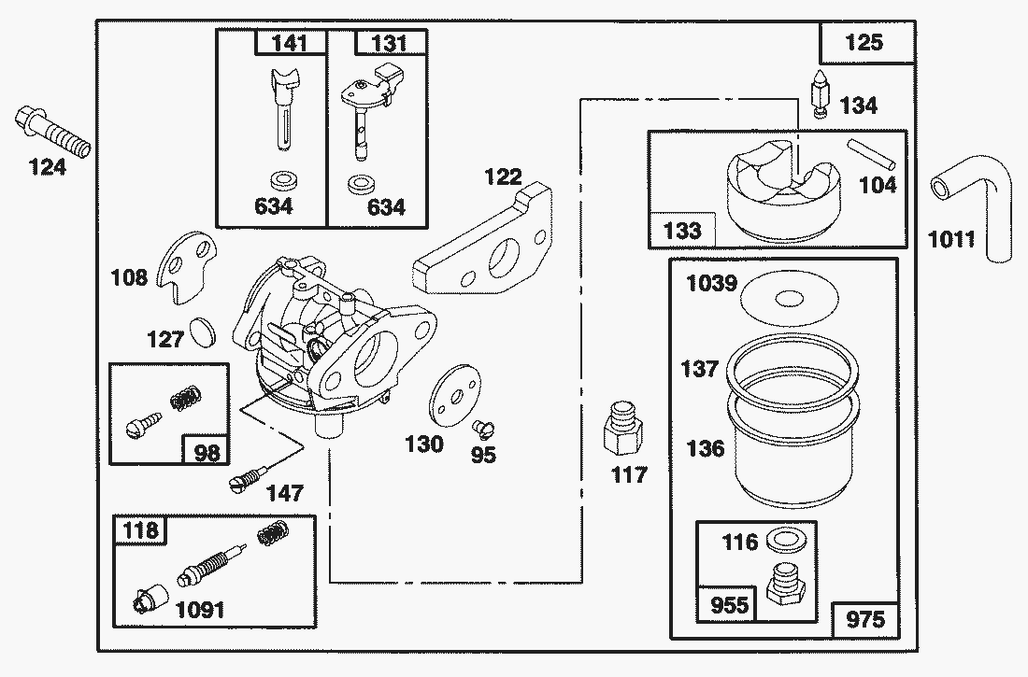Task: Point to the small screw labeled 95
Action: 483,427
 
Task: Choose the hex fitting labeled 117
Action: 622,428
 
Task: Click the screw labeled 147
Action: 245,481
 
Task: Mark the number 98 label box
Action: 206,451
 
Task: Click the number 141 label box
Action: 290,43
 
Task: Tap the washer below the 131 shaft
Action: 356,183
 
